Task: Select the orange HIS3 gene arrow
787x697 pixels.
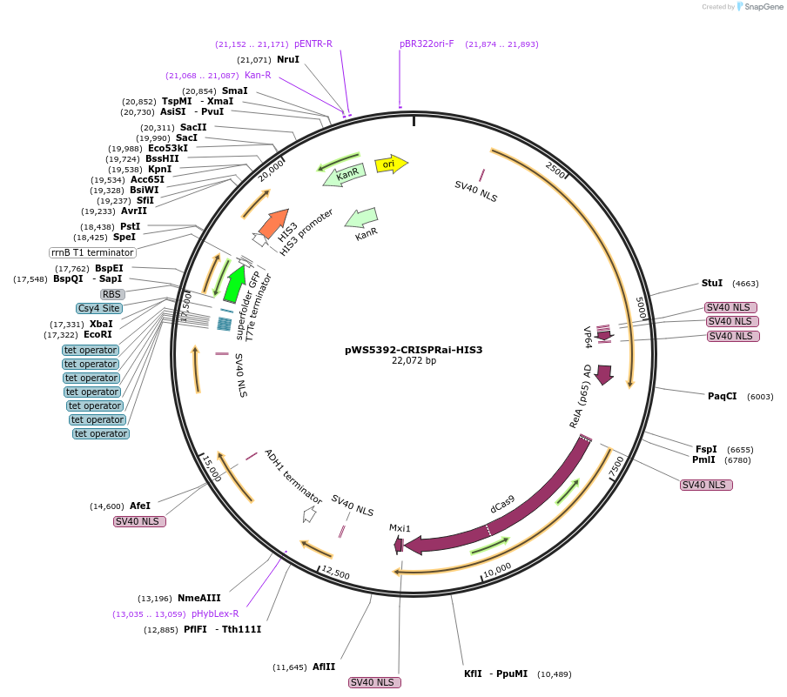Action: tap(274, 225)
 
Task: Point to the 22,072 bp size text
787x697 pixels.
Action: tap(414, 361)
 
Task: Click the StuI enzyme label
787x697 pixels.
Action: tap(712, 283)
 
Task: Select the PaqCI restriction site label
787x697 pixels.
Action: tap(722, 396)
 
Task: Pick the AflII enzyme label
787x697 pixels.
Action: tap(324, 667)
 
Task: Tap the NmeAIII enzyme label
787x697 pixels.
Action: tap(199, 598)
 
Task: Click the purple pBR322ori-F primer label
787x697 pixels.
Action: tap(427, 44)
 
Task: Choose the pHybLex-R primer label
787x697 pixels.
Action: tap(215, 613)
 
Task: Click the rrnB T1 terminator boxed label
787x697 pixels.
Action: tap(92, 252)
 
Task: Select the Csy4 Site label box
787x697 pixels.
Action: tap(99, 308)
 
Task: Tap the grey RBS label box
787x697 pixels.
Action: tap(112, 294)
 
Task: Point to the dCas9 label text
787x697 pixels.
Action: tap(502, 505)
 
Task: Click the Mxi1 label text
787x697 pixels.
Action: tap(400, 528)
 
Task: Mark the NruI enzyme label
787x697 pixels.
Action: tap(287, 59)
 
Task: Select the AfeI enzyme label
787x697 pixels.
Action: tap(140, 506)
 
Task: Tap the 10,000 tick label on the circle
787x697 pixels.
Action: tap(497, 569)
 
